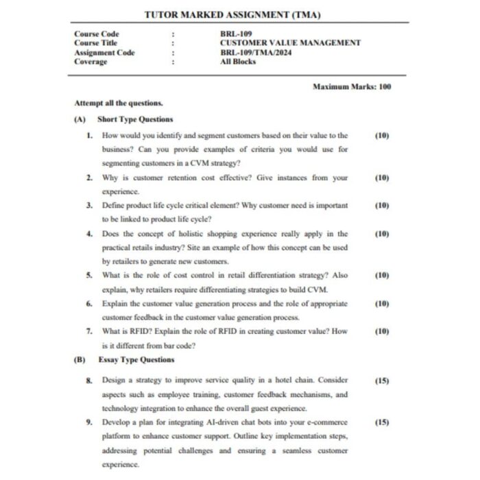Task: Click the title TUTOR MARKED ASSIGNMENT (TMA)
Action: click(x=232, y=15)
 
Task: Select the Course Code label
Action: click(x=96, y=34)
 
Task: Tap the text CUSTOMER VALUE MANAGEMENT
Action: click(x=290, y=43)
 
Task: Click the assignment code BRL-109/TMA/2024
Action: click(x=255, y=52)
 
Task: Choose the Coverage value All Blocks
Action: click(x=238, y=61)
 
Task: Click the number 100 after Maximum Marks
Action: click(x=384, y=87)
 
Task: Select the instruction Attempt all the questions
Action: click(x=118, y=104)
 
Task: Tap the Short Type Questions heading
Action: click(x=135, y=119)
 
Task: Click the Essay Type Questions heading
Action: click(x=136, y=359)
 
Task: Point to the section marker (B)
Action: click(x=80, y=359)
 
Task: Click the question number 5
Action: click(x=89, y=275)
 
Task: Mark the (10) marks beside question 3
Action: click(x=382, y=205)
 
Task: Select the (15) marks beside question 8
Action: click(x=382, y=380)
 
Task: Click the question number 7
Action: click(x=89, y=331)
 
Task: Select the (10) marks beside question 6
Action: click(x=382, y=303)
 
